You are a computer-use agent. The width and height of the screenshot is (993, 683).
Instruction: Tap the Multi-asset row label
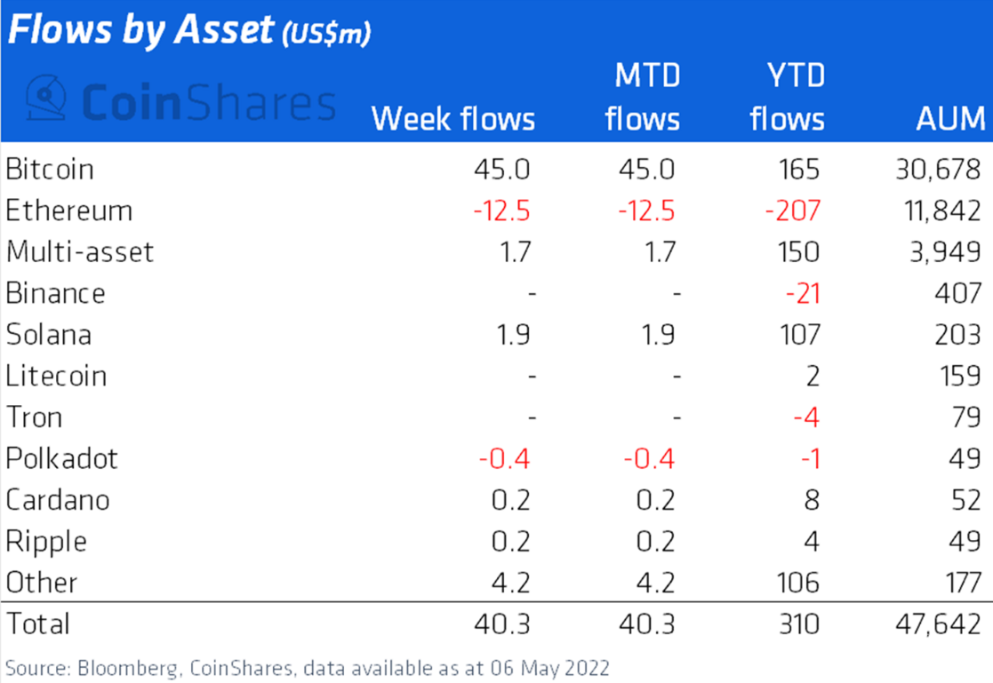click(x=79, y=251)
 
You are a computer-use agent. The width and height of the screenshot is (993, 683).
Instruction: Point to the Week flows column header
click(x=452, y=118)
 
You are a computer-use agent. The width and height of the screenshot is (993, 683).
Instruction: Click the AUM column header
click(x=950, y=118)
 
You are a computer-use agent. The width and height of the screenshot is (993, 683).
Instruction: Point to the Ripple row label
click(x=46, y=541)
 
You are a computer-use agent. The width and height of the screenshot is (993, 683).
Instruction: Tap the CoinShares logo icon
click(x=46, y=99)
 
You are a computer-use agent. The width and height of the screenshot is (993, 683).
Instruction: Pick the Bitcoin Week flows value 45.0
click(x=502, y=169)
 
